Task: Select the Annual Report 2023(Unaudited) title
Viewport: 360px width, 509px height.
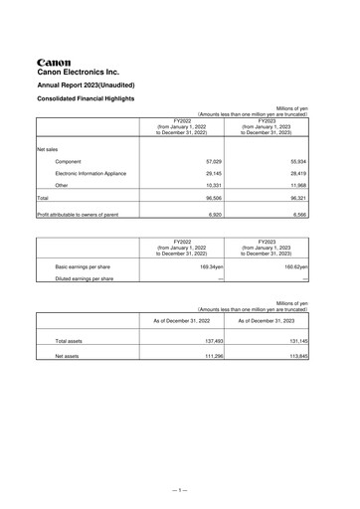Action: (x=88, y=86)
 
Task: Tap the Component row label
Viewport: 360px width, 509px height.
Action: (x=70, y=160)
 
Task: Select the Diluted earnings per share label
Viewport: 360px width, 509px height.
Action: (x=85, y=279)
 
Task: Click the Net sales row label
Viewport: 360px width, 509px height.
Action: (x=48, y=147)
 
